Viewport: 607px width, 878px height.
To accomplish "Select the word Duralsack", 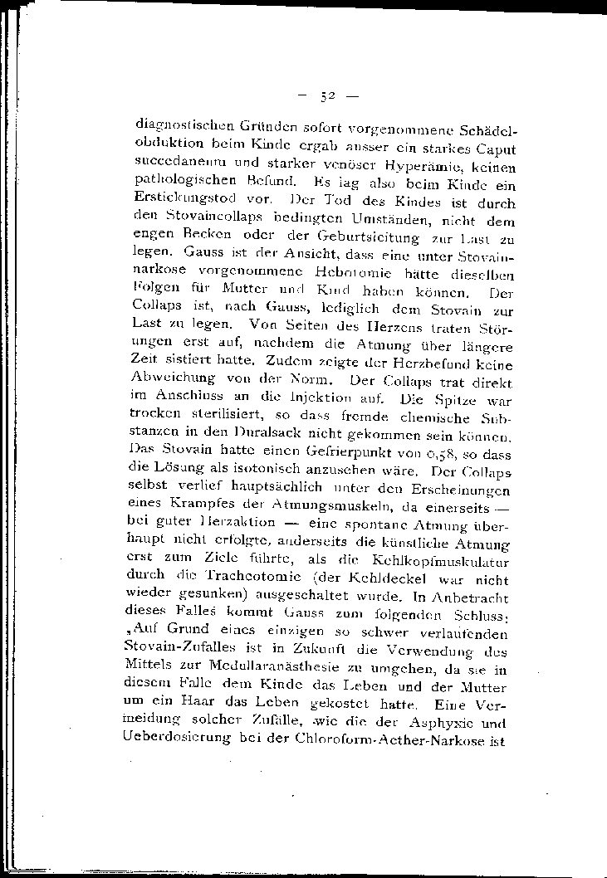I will [x=262, y=437].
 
